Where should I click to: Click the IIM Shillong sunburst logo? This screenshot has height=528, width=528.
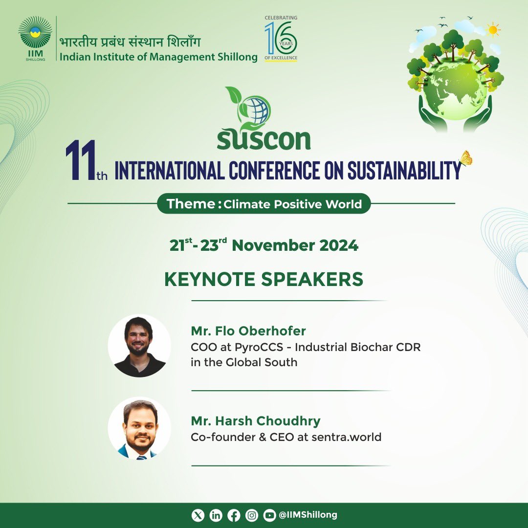[x=35, y=33]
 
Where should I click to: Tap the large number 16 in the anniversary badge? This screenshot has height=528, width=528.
[x=281, y=38]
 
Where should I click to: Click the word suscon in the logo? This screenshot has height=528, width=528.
[x=264, y=139]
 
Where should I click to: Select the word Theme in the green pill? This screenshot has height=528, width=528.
[x=190, y=203]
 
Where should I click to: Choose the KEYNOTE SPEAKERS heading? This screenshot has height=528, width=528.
[x=264, y=279]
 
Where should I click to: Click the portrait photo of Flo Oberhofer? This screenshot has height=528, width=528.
[x=139, y=346]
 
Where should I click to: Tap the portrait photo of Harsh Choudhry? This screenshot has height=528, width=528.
[x=139, y=428]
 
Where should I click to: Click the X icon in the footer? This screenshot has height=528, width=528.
[x=198, y=515]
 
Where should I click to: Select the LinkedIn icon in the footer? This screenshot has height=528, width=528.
[x=216, y=515]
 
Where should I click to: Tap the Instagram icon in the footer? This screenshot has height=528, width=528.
[x=252, y=515]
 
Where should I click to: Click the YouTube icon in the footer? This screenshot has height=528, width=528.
[x=269, y=515]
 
